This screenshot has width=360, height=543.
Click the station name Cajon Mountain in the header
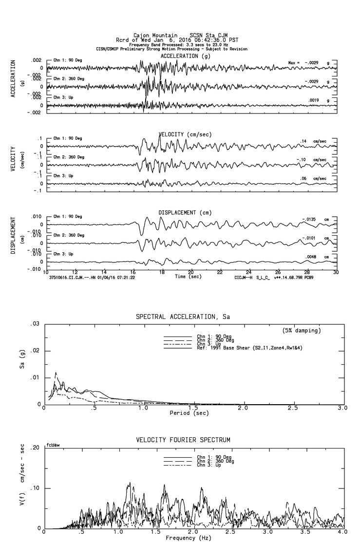(151, 36)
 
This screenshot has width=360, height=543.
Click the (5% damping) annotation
(302, 331)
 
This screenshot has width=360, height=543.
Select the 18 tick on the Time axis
(162, 272)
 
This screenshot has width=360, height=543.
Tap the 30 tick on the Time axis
(336, 272)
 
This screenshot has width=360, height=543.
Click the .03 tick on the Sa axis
(35, 324)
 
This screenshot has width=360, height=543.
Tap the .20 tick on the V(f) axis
(35, 448)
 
